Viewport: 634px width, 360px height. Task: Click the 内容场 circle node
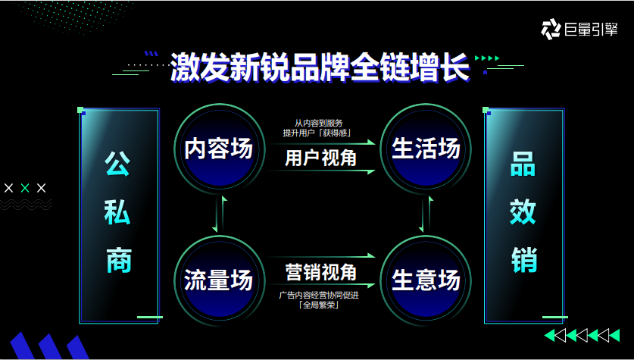[219, 149]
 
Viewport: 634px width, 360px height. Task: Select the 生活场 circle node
[426, 149]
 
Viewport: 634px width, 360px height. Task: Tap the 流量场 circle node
[219, 280]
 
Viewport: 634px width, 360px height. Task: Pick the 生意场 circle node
[426, 280]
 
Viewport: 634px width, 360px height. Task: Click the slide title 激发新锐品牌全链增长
[319, 67]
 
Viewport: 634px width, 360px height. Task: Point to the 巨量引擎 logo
[579, 29]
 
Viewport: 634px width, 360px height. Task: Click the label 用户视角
[320, 157]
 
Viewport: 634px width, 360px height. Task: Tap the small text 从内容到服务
[319, 123]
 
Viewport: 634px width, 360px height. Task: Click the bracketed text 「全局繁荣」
[319, 305]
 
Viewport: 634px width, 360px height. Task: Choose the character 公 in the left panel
[119, 164]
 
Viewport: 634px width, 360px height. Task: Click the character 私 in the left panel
[119, 212]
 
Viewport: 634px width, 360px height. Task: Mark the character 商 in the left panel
[119, 260]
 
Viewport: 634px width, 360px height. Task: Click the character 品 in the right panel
[523, 164]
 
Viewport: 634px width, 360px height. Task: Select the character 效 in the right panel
[523, 212]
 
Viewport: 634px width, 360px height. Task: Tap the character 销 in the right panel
[523, 260]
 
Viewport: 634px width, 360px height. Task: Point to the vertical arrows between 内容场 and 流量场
[219, 214]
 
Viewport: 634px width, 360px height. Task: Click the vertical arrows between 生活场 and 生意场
[426, 214]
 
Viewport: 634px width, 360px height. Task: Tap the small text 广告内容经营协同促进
[319, 295]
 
